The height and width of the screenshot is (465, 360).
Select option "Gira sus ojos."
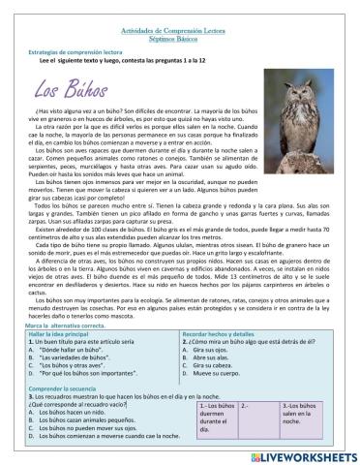click(218, 351)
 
